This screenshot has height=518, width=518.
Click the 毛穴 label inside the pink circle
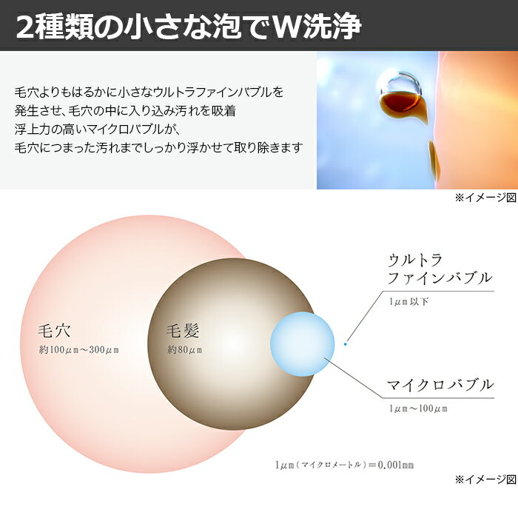(54, 331)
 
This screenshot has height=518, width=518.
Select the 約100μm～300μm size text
(78, 349)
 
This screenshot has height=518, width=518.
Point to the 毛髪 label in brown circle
(183, 331)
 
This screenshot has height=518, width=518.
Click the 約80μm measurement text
(184, 349)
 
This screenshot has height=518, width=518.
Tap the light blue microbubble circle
(302, 344)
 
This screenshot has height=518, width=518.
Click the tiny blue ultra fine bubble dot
(346, 344)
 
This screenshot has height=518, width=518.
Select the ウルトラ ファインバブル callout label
(440, 269)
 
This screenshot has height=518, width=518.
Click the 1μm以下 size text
(409, 302)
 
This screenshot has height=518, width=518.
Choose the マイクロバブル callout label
(440, 385)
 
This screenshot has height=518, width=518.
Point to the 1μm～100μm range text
(418, 408)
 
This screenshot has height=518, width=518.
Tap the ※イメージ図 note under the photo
(485, 198)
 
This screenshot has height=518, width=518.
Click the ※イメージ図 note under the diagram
(485, 480)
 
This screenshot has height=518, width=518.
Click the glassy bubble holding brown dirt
(401, 95)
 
